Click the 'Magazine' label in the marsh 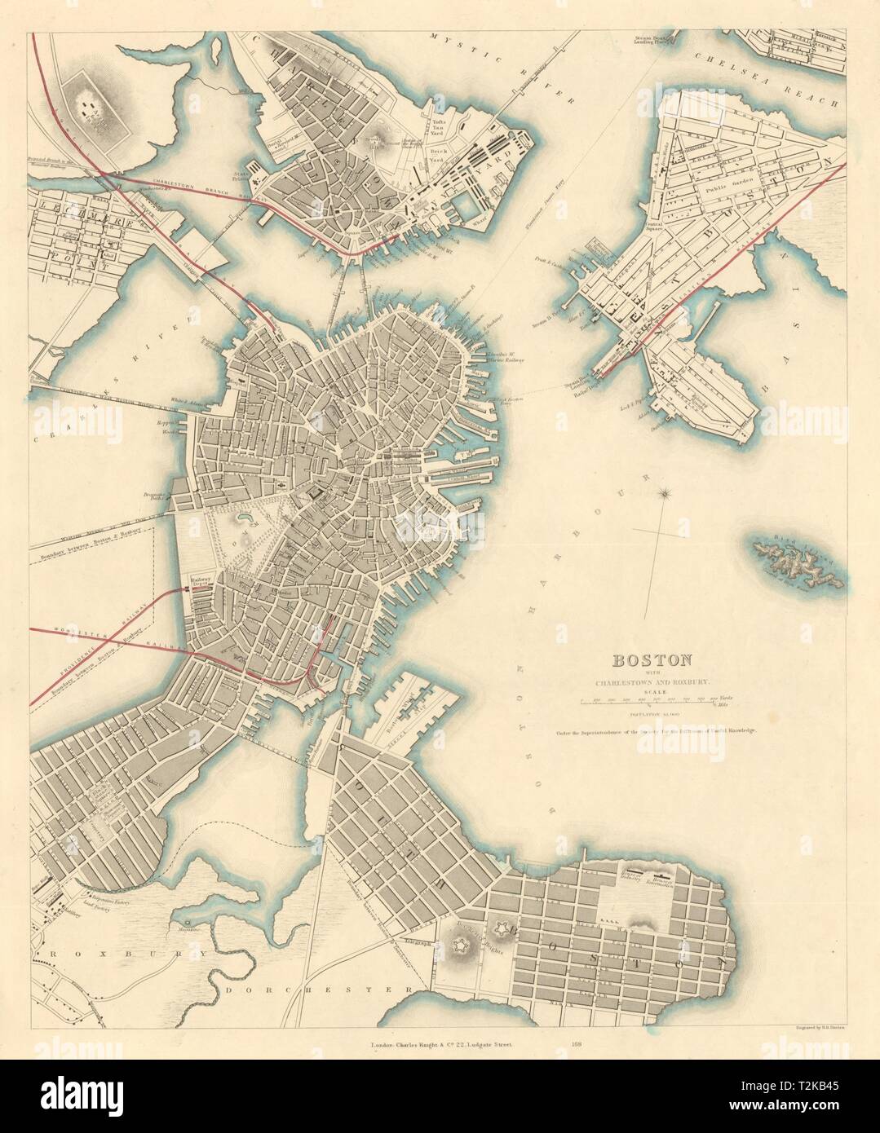click(x=184, y=928)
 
